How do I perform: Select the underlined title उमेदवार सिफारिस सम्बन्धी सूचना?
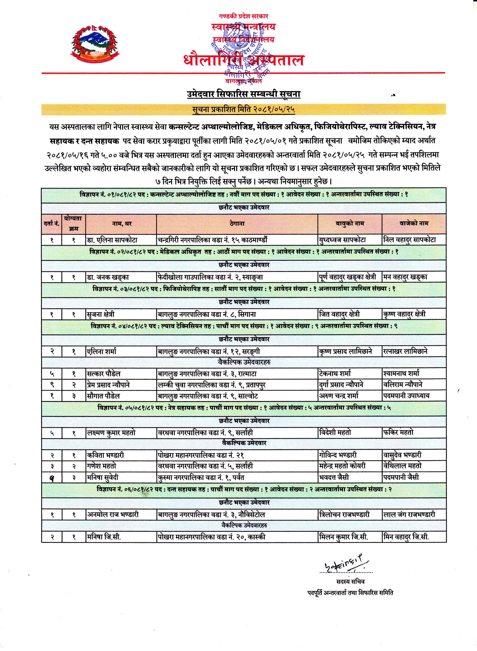[243, 94]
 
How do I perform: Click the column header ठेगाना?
[237, 224]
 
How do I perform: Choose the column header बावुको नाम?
[350, 224]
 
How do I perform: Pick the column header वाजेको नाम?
[414, 224]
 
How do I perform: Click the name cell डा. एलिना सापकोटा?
[112, 240]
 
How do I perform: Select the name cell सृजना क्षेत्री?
[101, 314]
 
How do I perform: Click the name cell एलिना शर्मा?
[102, 352]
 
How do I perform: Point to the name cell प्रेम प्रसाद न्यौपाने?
[109, 385]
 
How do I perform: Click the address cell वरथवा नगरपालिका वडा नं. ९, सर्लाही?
[205, 433]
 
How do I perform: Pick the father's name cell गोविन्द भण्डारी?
[338, 455]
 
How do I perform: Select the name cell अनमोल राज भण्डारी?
[113, 515]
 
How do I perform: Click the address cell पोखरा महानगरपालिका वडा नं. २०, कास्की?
[211, 537]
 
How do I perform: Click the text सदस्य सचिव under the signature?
[350, 581]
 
